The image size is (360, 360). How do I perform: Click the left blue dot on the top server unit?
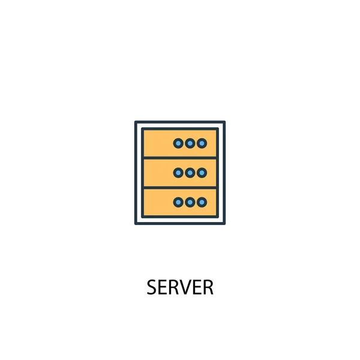(178, 143)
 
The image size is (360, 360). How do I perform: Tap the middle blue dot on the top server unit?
(190, 143)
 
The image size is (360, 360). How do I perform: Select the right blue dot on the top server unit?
(202, 143)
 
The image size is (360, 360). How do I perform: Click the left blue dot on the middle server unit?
(178, 173)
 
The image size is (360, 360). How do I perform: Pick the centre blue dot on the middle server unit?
(190, 173)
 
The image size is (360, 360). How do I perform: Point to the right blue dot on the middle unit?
(202, 173)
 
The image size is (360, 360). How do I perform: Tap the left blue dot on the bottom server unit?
(178, 202)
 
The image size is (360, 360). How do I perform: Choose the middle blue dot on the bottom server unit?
(190, 202)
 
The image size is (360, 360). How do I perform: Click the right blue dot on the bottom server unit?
(202, 202)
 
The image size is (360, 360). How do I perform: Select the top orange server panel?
(157, 143)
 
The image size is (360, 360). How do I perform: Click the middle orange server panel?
(157, 173)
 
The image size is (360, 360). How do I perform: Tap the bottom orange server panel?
(157, 202)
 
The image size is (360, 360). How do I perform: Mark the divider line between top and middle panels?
(180, 158)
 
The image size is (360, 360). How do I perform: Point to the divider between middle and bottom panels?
(180, 188)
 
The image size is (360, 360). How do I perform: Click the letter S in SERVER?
(152, 288)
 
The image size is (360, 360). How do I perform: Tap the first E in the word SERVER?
(163, 288)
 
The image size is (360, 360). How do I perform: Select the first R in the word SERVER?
(173, 288)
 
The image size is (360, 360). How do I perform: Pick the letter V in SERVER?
(185, 288)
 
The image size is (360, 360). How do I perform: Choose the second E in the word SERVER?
(196, 288)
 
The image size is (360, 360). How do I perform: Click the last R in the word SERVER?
(208, 288)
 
